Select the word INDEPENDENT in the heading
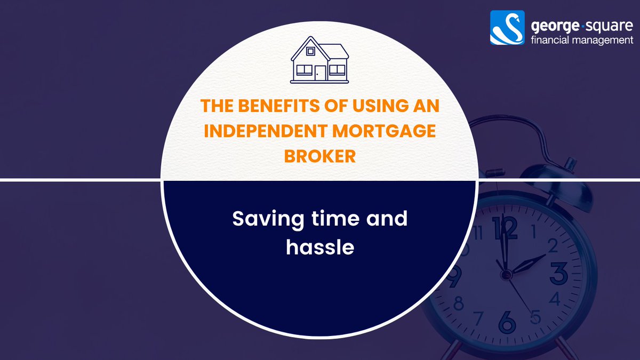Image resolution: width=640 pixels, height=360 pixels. point(262,131)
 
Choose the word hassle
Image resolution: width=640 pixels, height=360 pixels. point(320,247)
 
